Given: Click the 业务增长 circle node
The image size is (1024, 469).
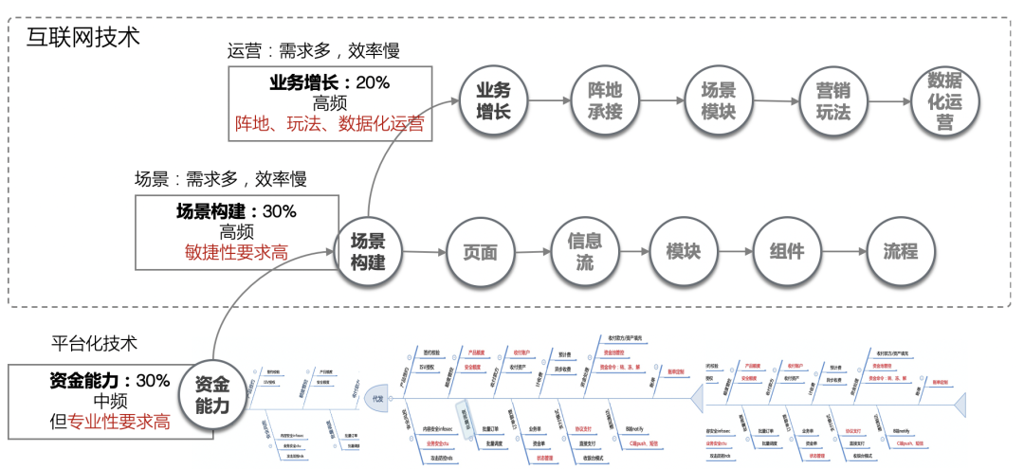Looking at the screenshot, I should (x=493, y=100).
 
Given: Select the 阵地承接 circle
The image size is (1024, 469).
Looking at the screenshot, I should (x=606, y=100).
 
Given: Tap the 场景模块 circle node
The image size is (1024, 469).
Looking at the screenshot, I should (x=718, y=100).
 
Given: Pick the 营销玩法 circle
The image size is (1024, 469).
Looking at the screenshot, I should (x=832, y=100).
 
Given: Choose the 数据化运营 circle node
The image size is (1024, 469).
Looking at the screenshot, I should (x=944, y=100).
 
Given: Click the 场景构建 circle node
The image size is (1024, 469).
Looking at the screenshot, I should (x=368, y=251).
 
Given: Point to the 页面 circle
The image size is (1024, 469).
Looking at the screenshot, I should (x=480, y=251).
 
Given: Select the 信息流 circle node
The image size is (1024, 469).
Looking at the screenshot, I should (x=584, y=251).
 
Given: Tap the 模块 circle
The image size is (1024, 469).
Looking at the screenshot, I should (x=683, y=251).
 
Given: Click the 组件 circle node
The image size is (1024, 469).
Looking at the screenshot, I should (x=786, y=251).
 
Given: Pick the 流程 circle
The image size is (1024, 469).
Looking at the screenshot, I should (x=900, y=251).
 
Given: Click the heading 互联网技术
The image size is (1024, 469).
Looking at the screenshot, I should (x=83, y=38).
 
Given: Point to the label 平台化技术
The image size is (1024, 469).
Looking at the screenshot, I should (x=95, y=342).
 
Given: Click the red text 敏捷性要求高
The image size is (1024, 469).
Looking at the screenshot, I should (x=236, y=251).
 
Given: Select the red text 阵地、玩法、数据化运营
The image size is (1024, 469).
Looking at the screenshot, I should (x=329, y=123).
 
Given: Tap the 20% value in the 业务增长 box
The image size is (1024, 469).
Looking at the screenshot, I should (x=373, y=82).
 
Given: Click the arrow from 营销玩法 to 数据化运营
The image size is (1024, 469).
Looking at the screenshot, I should (x=888, y=100).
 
